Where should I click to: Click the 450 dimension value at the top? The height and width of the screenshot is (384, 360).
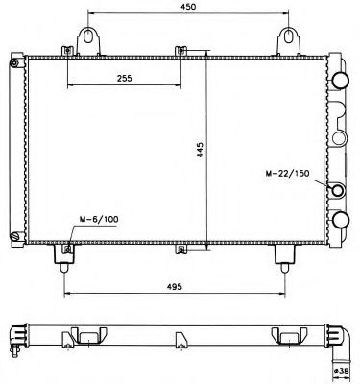pos(188,8)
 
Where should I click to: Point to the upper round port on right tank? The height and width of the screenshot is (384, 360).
pos(339,80)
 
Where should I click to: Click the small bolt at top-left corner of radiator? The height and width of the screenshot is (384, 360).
pos(13,64)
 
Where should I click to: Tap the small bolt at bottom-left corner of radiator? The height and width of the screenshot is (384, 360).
pos(13,233)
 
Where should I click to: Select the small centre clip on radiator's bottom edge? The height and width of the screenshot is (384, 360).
pos(181,252)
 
